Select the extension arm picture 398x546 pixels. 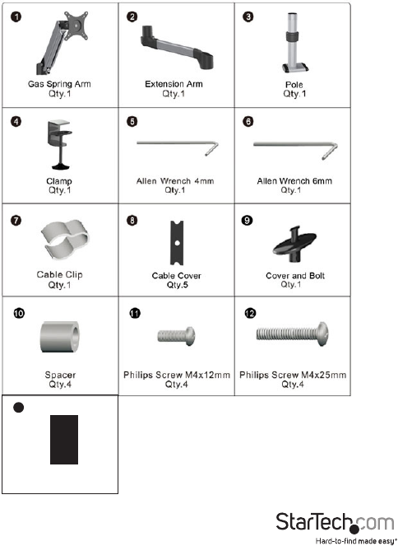177,48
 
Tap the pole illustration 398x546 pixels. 294,43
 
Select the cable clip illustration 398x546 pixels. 65,239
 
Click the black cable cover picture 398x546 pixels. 177,243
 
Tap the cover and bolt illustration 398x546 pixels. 294,245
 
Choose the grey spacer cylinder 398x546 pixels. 60,337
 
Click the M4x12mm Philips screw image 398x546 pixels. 176,336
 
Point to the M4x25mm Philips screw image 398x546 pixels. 292,334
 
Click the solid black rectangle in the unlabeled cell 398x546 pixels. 64,440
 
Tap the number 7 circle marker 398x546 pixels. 16,221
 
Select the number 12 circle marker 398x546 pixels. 250,314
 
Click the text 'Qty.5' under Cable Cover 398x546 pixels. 177,285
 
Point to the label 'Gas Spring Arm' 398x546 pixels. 59,84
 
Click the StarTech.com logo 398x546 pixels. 335,522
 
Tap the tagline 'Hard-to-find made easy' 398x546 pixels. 356,541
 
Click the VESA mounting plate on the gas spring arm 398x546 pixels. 76,25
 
